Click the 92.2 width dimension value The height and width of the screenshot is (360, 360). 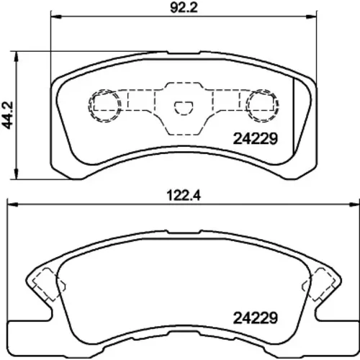[184, 8]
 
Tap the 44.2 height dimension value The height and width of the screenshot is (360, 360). [8, 115]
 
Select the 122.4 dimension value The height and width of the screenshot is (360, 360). [184, 196]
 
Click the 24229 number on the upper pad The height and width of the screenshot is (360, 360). [256, 139]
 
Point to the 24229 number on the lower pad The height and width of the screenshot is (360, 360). [256, 318]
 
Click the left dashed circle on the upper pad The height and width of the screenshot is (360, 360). [89, 106]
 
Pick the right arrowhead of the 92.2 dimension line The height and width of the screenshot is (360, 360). [311, 17]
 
